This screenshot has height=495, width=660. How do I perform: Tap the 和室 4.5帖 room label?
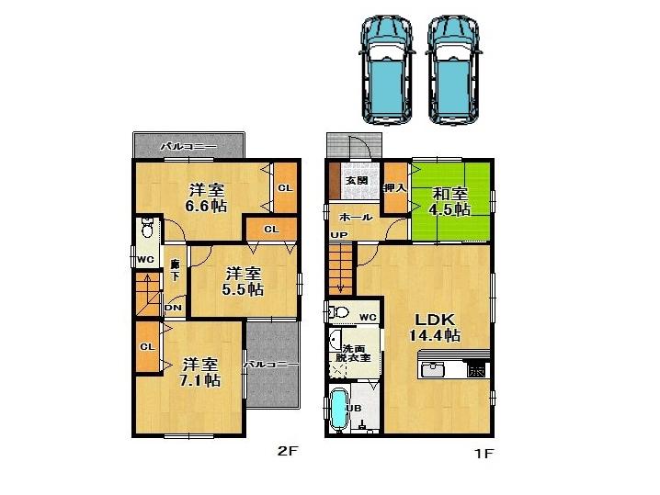point(451,201)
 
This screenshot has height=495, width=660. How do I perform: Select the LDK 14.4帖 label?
point(434,327)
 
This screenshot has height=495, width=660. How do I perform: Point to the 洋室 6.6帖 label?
point(207,198)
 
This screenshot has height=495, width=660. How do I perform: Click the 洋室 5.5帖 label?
point(244,281)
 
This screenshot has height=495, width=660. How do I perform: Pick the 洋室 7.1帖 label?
point(199,371)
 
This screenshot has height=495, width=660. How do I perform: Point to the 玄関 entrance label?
point(357,181)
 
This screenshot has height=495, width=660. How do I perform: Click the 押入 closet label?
point(394,187)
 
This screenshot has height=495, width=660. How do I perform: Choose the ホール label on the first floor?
point(356,218)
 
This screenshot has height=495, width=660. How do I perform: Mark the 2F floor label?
point(289,452)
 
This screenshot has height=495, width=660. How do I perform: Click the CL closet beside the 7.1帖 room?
point(146,347)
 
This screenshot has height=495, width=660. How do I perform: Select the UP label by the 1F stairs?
point(339,235)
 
